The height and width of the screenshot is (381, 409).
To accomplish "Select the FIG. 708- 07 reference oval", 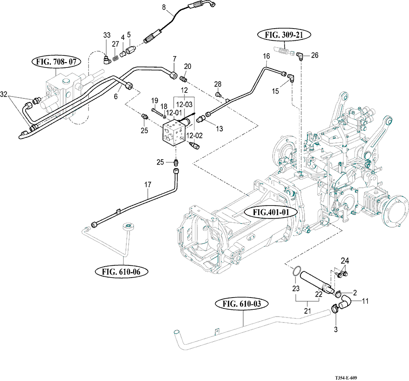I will pyautogui.click(x=55, y=62).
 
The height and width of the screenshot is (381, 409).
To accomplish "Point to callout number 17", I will pyautogui.click(x=147, y=185).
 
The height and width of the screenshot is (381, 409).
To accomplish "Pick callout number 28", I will pyautogui.click(x=218, y=84).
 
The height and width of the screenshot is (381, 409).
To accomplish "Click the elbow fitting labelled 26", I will pyautogui.click(x=300, y=56).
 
